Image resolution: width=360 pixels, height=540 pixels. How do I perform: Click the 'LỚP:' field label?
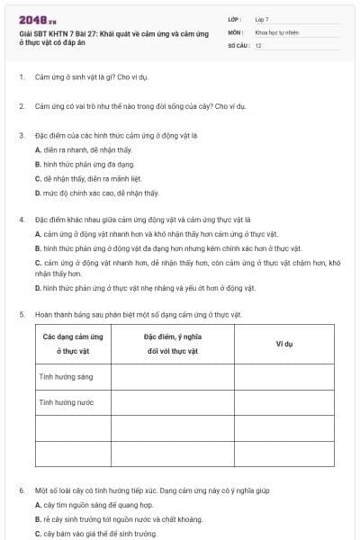[235, 18]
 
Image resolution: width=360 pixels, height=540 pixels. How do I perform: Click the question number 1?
[21, 77]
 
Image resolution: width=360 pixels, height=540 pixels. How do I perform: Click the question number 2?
[21, 106]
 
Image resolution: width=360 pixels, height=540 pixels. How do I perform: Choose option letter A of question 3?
[38, 149]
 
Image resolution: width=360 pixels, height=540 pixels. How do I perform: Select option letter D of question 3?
[38, 193]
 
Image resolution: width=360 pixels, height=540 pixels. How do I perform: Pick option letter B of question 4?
[38, 247]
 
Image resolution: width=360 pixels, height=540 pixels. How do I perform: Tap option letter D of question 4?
[38, 288]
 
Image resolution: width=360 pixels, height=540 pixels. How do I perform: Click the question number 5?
[21, 314]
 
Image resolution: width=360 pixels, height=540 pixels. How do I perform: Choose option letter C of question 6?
[38, 534]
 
